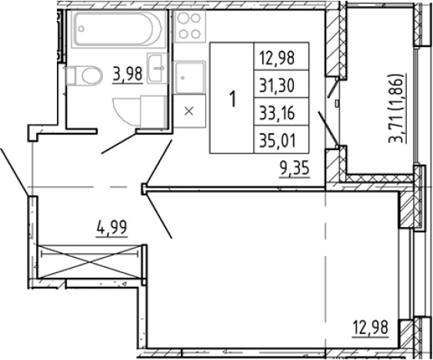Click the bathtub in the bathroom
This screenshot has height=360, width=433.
[118, 28]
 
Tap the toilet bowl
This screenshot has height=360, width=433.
[85, 75]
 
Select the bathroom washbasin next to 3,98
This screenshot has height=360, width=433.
[157, 68]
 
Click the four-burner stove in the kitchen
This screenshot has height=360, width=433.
[189, 26]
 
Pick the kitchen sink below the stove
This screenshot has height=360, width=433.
[189, 77]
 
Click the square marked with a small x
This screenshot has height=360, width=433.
[189, 111]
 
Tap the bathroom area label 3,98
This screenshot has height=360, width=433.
[128, 75]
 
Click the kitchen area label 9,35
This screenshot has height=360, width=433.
[295, 169]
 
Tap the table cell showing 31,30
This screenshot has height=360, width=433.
[281, 84]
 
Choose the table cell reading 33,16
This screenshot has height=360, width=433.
[281, 112]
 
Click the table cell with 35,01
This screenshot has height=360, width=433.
[281, 139]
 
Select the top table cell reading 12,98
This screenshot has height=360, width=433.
[281, 56]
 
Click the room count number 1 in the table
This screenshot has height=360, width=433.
[233, 99]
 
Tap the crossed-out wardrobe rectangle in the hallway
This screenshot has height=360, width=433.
[89, 262]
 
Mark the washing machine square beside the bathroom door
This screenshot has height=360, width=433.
[153, 112]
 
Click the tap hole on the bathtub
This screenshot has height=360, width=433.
[81, 28]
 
